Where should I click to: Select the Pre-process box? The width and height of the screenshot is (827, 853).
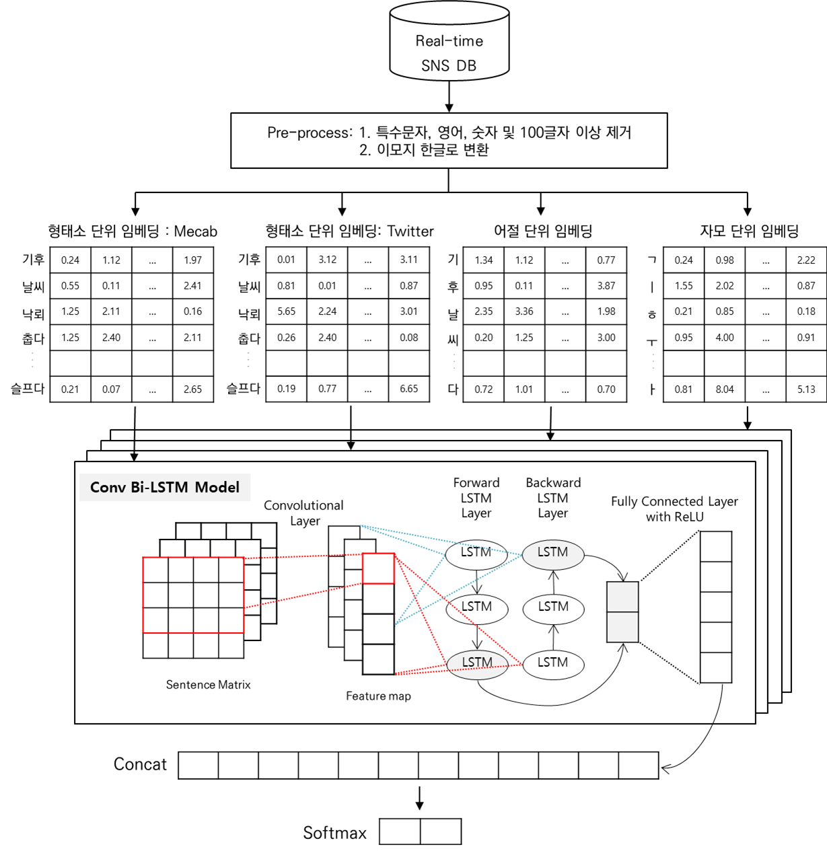click(449, 140)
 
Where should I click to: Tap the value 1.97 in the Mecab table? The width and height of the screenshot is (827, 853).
click(192, 260)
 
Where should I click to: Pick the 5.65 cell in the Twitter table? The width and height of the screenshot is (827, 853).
click(286, 311)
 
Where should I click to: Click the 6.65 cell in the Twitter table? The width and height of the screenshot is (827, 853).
click(408, 389)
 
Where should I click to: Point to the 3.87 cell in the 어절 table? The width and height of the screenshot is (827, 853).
click(606, 286)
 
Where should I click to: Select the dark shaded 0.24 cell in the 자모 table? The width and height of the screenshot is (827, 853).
click(684, 260)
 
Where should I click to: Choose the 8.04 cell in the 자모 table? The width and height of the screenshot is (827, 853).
click(725, 389)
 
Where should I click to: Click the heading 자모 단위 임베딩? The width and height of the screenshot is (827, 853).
click(749, 231)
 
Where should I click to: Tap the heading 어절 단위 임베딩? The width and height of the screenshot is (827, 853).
click(543, 231)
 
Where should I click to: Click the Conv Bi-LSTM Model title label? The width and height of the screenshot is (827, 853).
click(165, 487)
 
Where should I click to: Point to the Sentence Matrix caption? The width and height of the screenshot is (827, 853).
click(208, 685)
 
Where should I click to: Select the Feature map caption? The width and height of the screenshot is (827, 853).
click(378, 696)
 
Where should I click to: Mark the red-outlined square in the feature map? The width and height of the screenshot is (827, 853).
click(378, 568)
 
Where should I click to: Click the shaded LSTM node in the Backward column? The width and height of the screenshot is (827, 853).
click(552, 553)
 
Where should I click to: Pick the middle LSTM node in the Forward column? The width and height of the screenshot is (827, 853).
click(476, 607)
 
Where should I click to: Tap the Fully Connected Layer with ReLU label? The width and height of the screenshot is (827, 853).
click(674, 509)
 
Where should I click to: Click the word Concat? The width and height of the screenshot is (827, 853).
click(140, 765)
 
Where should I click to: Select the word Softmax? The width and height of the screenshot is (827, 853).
click(334, 833)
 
